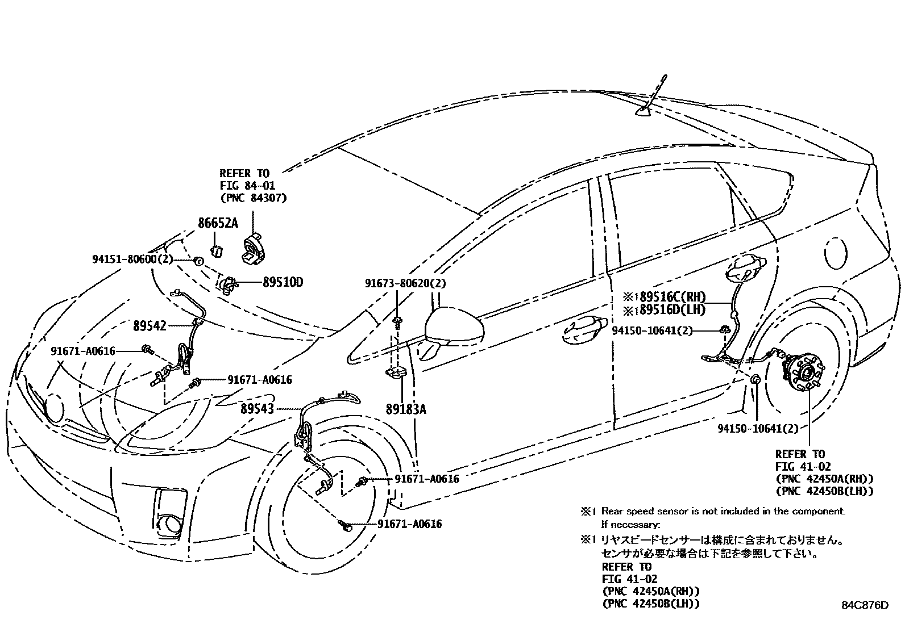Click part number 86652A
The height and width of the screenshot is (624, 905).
218,223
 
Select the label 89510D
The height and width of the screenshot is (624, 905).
283,282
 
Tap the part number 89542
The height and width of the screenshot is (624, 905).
150,326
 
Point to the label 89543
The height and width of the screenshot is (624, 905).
257,409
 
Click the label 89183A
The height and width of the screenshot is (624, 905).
405,409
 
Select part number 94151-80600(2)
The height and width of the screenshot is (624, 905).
132,259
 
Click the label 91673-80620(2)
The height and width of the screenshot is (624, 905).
405,283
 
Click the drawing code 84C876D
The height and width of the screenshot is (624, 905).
865,605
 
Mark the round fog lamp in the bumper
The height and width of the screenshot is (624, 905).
169,523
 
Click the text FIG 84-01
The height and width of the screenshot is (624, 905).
247,186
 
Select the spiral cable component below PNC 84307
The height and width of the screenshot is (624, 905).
252,247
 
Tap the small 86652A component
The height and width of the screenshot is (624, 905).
217,250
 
